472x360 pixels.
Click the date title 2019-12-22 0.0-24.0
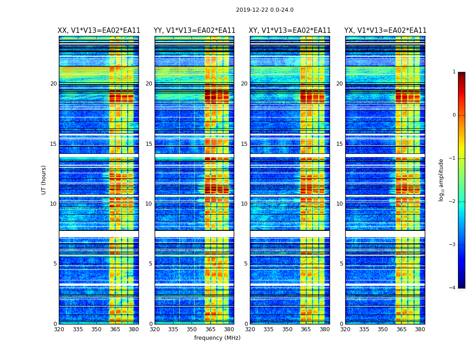(x=264, y=10)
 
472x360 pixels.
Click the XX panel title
(x=99, y=31)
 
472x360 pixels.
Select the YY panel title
(x=194, y=31)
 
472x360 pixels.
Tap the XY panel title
(x=289, y=31)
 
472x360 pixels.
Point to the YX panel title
(x=385, y=31)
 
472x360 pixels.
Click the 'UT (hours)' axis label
(x=44, y=180)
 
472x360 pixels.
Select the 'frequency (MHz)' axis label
(x=217, y=338)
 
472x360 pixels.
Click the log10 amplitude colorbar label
(x=441, y=180)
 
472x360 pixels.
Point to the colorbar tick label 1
(x=454, y=72)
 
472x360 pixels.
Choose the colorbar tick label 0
(x=454, y=115)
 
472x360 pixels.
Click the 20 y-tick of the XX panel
(x=53, y=84)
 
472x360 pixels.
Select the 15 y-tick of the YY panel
(x=149, y=144)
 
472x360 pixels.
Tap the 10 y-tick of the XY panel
(x=244, y=204)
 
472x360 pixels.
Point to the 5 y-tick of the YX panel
(x=341, y=264)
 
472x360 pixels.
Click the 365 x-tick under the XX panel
(x=115, y=329)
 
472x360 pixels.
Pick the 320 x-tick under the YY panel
(x=155, y=329)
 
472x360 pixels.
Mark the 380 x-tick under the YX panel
(x=420, y=329)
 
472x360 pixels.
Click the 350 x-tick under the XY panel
(x=287, y=329)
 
